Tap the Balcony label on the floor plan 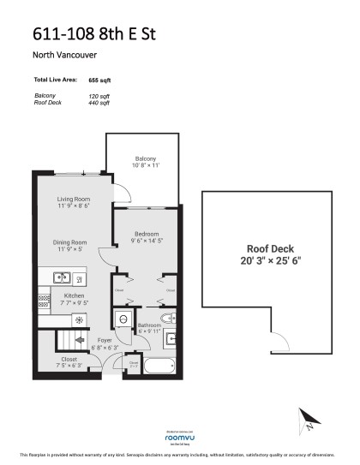(x=144, y=158)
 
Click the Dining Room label (x=72, y=242)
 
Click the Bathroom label (x=149, y=325)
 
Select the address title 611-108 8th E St (x=94, y=34)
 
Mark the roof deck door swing (x=278, y=344)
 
